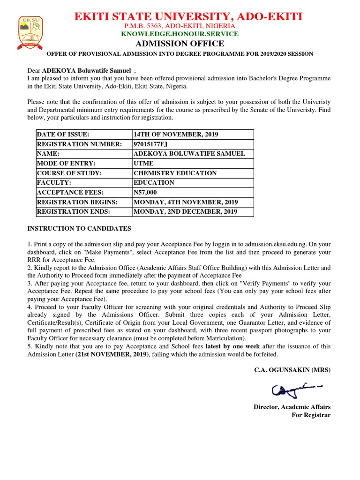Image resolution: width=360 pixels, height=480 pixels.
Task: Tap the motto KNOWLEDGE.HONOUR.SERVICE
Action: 180,34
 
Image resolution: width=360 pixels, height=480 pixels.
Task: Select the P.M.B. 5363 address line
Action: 180,26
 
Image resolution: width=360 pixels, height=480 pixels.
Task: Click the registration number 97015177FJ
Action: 150,144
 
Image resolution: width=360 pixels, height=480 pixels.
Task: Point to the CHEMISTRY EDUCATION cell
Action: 175,173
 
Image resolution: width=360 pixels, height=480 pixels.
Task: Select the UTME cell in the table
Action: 143,163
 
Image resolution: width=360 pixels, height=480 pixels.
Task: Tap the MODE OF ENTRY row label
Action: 66,163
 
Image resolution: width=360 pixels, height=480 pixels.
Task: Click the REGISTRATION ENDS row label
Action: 73,211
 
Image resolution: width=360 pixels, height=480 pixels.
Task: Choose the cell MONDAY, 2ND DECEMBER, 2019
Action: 186,211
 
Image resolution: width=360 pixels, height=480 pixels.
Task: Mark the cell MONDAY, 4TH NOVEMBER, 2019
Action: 186,202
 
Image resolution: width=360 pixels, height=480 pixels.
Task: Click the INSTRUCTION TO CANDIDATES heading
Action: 79,229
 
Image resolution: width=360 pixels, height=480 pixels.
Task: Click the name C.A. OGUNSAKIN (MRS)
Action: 292,370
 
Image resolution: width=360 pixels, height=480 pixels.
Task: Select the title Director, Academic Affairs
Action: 292,407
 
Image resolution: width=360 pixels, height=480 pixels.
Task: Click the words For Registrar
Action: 311,415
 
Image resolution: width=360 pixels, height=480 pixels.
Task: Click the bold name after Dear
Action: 87,70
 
